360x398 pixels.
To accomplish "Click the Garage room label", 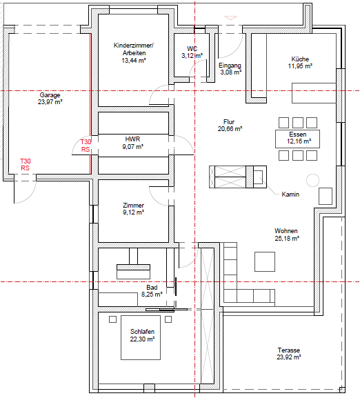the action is pos(50,95).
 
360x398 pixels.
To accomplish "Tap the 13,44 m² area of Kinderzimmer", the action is pos(134,61).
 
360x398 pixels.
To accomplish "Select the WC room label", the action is pos(192,48).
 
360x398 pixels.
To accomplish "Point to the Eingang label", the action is pos(230,66).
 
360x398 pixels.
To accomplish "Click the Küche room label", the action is pos(300,59).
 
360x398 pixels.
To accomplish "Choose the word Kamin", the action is pos(290,195).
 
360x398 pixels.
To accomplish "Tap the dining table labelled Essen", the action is pos(298,139).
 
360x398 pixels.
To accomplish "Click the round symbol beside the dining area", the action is pos(312,181).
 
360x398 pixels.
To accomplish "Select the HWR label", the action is pos(132,139).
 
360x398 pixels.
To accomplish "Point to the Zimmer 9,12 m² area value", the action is pos(134,212).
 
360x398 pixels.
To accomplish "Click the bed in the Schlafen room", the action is pos(141,337).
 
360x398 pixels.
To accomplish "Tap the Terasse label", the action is pos(289,350).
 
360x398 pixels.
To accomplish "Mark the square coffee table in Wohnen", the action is pos(265,261).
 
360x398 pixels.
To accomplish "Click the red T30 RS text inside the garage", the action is pos(26,164).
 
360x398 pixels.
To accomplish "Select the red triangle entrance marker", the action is pos(230,18).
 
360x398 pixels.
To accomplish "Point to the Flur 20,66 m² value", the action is pos(230,129).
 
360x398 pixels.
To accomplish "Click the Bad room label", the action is pos(152,288).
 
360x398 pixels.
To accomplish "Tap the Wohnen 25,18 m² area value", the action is pos(287,239).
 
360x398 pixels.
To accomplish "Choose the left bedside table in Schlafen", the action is pos(112,319).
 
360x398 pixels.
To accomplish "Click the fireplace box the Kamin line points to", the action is pos(258,177).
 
